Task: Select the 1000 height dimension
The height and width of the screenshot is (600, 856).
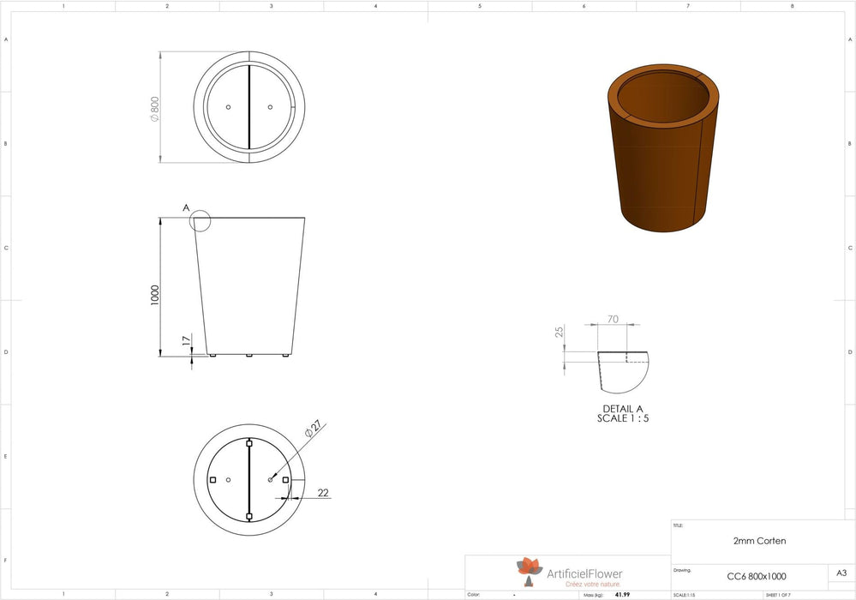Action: click(154, 295)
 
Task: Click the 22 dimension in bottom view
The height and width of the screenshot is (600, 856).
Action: click(322, 493)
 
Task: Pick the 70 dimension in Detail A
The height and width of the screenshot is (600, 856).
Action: click(613, 319)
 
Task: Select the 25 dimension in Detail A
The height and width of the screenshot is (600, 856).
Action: click(560, 332)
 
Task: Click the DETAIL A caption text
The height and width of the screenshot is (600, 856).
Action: click(622, 409)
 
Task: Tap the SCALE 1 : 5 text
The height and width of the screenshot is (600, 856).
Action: click(622, 418)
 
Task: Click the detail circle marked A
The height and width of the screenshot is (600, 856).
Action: click(200, 221)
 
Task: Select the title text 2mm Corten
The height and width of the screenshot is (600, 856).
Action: click(759, 541)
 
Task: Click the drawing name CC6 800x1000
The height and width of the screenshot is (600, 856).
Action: click(756, 576)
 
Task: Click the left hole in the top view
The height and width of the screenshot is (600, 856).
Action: click(228, 107)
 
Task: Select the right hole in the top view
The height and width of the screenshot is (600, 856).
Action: click(270, 107)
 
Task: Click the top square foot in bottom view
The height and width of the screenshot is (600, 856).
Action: click(249, 443)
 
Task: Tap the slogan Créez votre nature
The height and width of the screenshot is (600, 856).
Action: click(590, 584)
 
